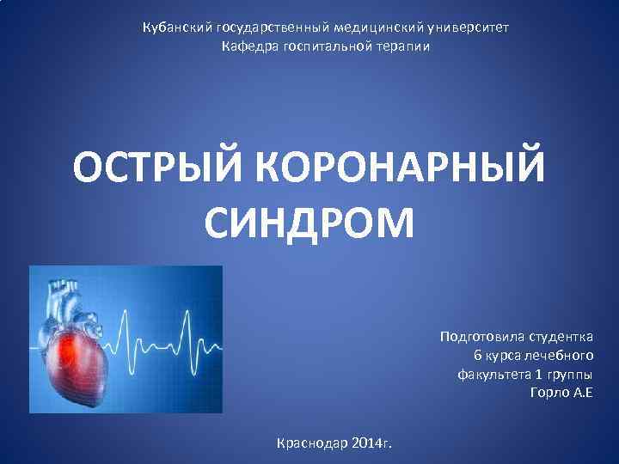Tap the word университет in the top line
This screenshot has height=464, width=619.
[470, 27]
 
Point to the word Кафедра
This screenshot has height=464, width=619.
[248, 45]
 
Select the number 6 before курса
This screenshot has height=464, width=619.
[478, 355]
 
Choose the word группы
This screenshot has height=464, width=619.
[571, 375]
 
